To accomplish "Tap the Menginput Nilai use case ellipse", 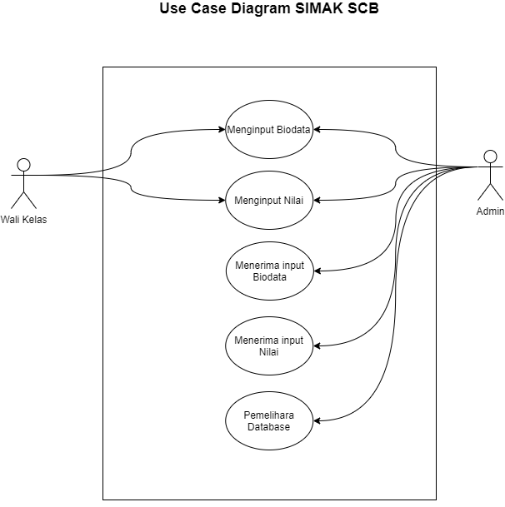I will click(x=269, y=200).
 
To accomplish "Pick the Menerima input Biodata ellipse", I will click(x=269, y=271).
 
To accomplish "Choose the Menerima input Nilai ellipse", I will click(x=269, y=345).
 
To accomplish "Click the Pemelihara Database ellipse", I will click(x=269, y=420).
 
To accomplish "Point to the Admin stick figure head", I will click(x=491, y=156).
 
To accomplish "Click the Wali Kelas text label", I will click(x=22, y=219).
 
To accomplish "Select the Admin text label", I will click(x=490, y=211).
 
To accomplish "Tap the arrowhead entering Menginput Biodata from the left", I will click(x=222, y=129).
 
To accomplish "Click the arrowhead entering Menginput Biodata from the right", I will click(x=317, y=129).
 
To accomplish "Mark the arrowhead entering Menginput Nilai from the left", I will click(x=222, y=200).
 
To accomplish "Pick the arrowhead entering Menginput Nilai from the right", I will click(x=317, y=200).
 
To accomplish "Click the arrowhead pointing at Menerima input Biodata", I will click(x=317, y=271).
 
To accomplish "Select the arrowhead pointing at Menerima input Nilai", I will click(x=317, y=345).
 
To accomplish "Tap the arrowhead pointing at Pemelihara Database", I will click(x=317, y=420).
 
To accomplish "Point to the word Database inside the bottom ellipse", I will click(x=268, y=427).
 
